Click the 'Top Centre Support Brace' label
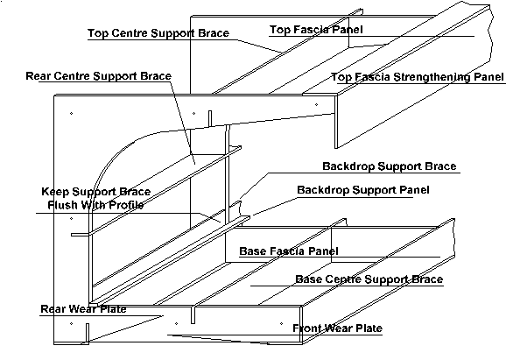click(x=158, y=33)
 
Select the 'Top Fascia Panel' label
click(x=316, y=30)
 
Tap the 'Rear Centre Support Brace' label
click(x=98, y=76)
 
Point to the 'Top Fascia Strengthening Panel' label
click(x=418, y=77)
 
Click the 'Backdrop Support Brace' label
click(x=390, y=166)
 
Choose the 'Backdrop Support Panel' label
click(x=363, y=190)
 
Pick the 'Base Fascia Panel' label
click(x=289, y=251)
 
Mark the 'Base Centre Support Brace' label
click(x=369, y=279)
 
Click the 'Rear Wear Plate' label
click(x=83, y=309)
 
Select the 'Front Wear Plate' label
click(x=338, y=328)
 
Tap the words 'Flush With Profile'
click(x=95, y=205)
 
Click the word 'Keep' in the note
click(x=55, y=192)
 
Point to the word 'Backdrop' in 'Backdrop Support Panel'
click(x=323, y=190)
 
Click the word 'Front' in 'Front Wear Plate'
click(x=308, y=328)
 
